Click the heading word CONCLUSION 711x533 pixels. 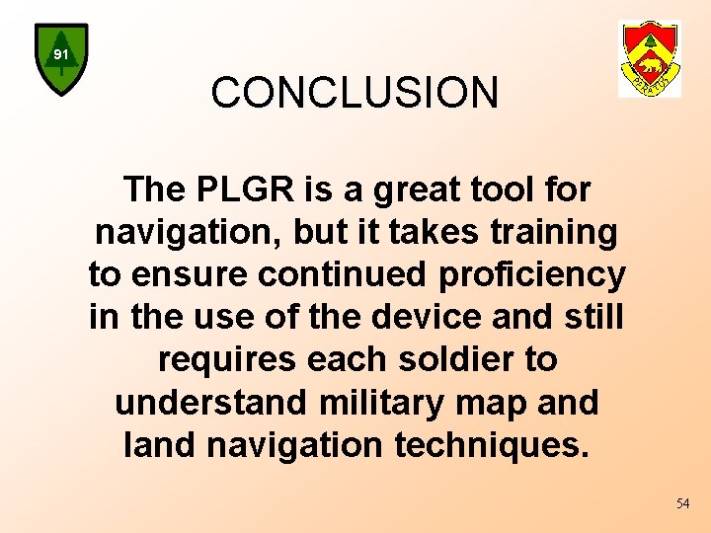pos(355,94)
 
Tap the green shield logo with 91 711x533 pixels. pos(61,58)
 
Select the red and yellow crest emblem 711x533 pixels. pos(649,58)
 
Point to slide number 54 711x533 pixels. pos(682,503)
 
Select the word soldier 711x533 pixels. pos(447,359)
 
